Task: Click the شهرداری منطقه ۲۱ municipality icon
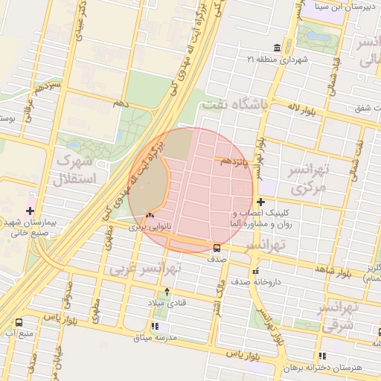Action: click(x=277, y=47)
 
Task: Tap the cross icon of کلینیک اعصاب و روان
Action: click(x=260, y=202)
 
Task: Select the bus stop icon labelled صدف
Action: click(x=217, y=248)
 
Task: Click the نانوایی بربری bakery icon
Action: click(x=151, y=216)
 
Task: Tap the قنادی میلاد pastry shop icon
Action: click(x=167, y=292)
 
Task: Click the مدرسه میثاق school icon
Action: click(x=155, y=326)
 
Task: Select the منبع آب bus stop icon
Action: click(x=19, y=322)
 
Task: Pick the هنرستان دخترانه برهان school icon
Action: click(x=321, y=356)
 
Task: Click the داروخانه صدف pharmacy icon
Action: click(x=256, y=271)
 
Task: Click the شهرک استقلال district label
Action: click(x=74, y=170)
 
